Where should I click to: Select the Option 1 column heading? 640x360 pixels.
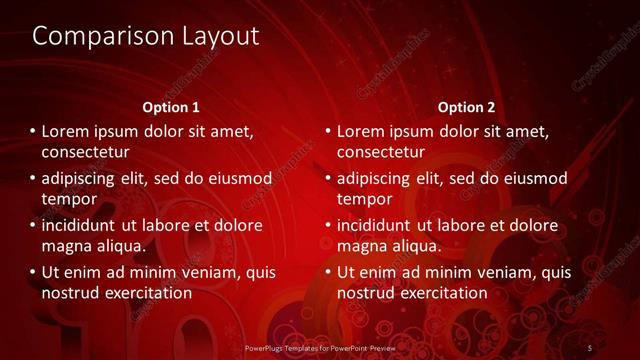[x=171, y=107]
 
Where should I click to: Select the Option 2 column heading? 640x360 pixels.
[x=467, y=107]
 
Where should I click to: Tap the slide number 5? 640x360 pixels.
[x=590, y=347]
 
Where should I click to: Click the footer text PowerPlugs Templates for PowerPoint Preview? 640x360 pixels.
[x=319, y=347]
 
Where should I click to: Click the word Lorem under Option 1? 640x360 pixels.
[x=66, y=131]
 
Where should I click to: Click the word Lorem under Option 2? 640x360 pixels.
[x=362, y=131]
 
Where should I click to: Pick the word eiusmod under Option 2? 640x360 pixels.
[x=533, y=178]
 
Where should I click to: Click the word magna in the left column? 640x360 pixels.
[x=65, y=246]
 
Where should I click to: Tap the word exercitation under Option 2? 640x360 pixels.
[x=442, y=293]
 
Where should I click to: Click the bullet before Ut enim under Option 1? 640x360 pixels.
[x=32, y=272]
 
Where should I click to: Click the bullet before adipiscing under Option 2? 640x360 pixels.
[x=327, y=178]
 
